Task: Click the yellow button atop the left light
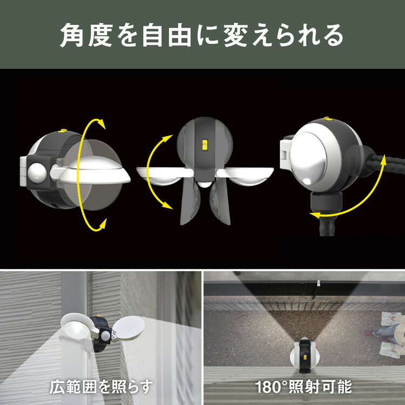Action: click(61, 130)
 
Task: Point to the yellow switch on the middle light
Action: click(204, 145)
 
